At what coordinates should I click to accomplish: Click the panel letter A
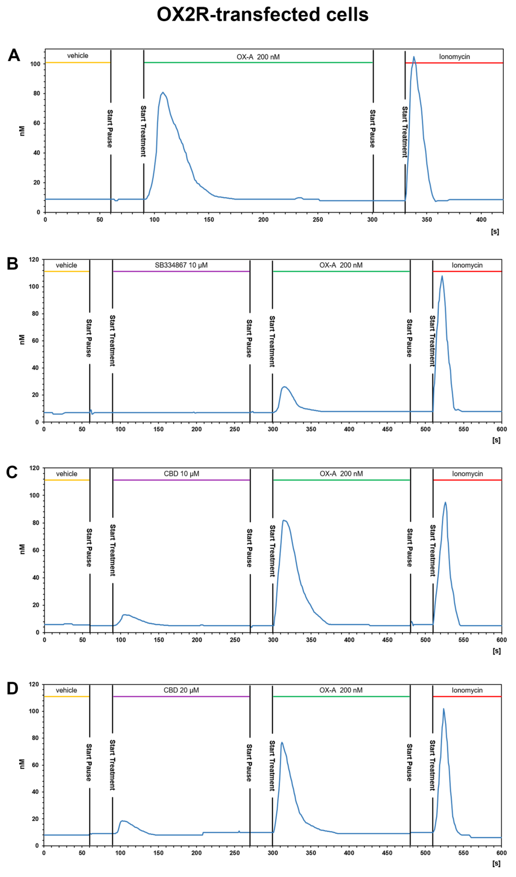point(14,55)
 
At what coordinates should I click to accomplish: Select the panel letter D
point(13,688)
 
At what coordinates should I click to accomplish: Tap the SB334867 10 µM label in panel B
point(181,265)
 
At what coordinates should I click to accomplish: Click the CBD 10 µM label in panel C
point(181,474)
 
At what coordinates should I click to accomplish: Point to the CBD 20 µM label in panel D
point(181,690)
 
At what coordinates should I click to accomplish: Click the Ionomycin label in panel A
point(454,57)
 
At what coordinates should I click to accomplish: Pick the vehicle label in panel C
point(67,474)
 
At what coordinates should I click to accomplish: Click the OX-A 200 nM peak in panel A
point(162,93)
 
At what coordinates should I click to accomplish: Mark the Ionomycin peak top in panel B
point(442,276)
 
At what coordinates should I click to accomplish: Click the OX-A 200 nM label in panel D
point(341,690)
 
